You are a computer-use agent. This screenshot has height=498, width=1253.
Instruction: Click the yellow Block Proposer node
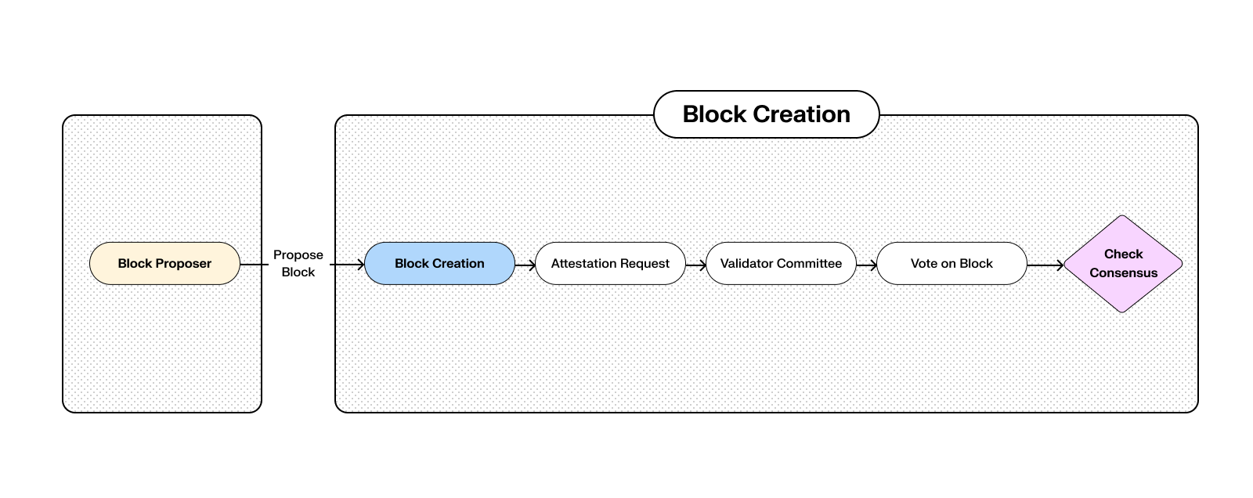click(x=164, y=264)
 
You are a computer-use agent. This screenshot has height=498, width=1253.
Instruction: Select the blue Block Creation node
click(x=439, y=264)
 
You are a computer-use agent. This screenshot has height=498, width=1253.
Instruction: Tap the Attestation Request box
click(x=610, y=264)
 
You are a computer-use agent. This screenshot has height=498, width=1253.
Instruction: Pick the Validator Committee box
click(x=781, y=264)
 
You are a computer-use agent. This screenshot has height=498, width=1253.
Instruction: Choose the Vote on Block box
click(x=951, y=264)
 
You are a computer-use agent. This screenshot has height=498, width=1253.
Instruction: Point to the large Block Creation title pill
click(x=766, y=114)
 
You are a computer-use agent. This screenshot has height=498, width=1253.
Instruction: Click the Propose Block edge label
click(x=298, y=264)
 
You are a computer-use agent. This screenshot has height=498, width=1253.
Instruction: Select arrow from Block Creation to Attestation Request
click(x=525, y=265)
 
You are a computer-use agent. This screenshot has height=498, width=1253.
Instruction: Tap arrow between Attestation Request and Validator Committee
click(x=696, y=265)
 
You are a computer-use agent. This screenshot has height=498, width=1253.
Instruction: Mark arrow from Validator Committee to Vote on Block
click(x=867, y=265)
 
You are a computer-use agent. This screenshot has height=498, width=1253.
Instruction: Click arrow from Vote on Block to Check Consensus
click(x=1045, y=265)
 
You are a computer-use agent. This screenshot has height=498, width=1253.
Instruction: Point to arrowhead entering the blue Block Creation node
click(x=360, y=265)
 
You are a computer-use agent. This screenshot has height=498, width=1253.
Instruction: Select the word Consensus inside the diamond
click(x=1123, y=273)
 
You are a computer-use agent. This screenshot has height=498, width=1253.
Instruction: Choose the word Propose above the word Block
click(x=298, y=255)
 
